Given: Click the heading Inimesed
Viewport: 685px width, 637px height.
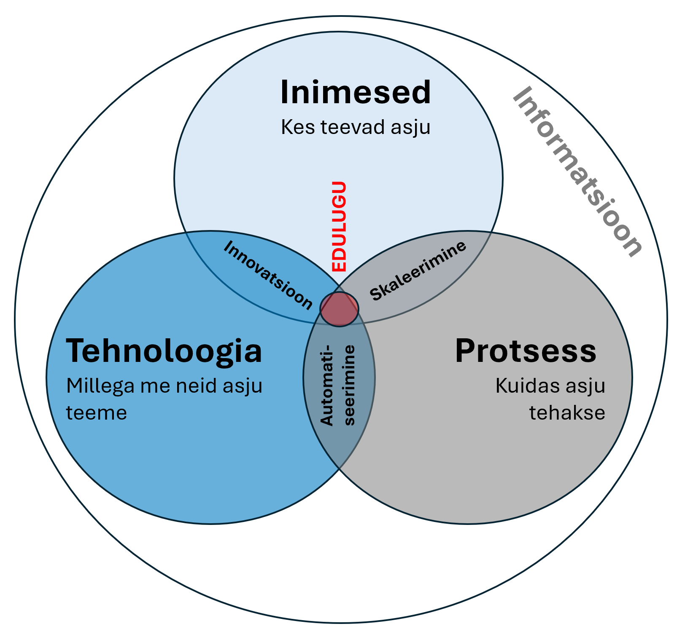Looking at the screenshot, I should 355,92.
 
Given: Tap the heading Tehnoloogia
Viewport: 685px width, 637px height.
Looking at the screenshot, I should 164,351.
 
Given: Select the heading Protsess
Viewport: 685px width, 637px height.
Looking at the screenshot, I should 526,351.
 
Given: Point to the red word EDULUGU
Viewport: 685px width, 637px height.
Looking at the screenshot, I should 339,227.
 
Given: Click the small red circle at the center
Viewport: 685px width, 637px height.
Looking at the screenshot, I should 340,309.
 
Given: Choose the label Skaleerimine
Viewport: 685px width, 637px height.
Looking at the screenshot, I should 418,270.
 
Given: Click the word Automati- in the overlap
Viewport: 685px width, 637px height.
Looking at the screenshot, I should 327,384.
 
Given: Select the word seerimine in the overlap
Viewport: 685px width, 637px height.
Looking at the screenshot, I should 350,385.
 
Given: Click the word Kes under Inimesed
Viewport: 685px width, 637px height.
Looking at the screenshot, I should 298,127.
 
